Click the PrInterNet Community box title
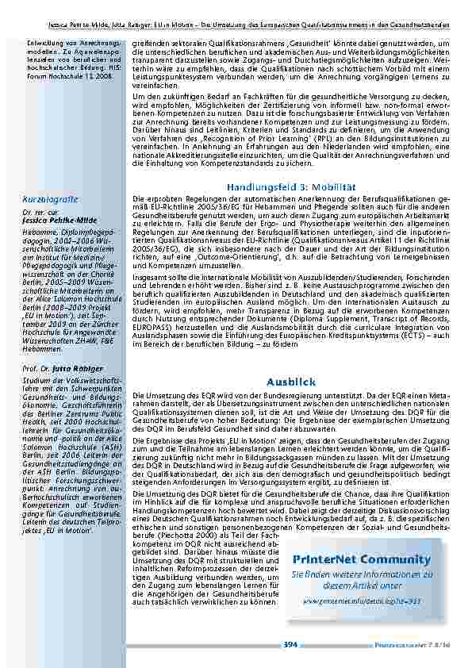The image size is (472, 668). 361,559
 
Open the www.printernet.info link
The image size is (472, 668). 361,602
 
